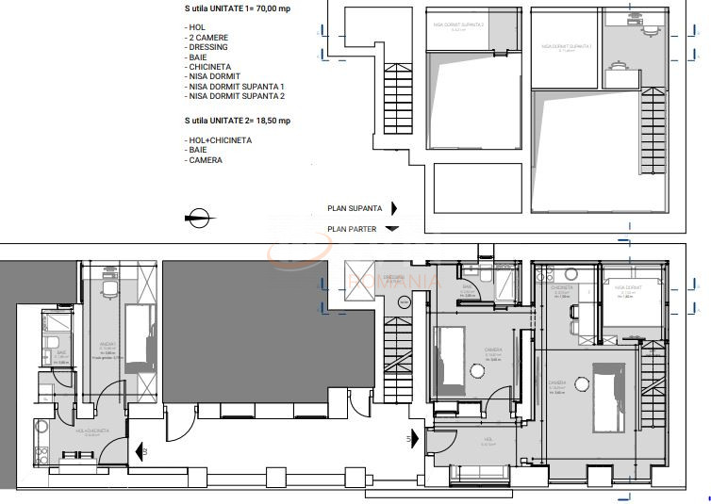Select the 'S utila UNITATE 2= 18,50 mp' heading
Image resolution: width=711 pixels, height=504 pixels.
(x=238, y=121)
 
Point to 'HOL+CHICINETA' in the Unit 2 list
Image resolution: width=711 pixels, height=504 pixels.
(x=219, y=140)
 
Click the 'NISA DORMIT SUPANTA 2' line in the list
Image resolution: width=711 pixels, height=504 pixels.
(x=235, y=96)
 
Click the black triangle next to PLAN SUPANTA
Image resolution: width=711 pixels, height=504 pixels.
(x=393, y=209)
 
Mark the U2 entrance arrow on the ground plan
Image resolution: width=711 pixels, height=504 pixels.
(x=139, y=451)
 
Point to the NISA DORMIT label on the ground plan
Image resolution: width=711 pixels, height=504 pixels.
(x=628, y=290)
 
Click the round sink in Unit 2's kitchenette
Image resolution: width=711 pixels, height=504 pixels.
(x=41, y=425)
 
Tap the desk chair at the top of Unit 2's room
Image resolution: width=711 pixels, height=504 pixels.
(x=109, y=287)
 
